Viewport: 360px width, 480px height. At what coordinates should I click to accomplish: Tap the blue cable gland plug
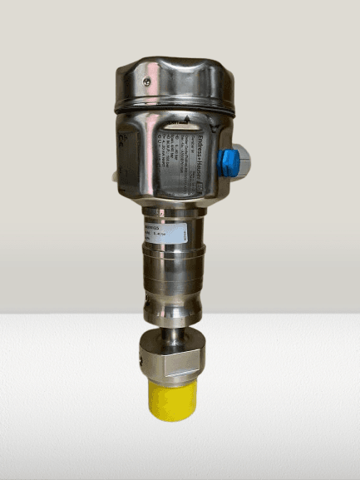click(x=229, y=160)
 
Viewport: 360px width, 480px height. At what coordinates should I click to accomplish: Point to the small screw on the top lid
click(x=147, y=81)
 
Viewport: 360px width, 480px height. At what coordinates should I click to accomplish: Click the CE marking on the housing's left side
click(x=126, y=137)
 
